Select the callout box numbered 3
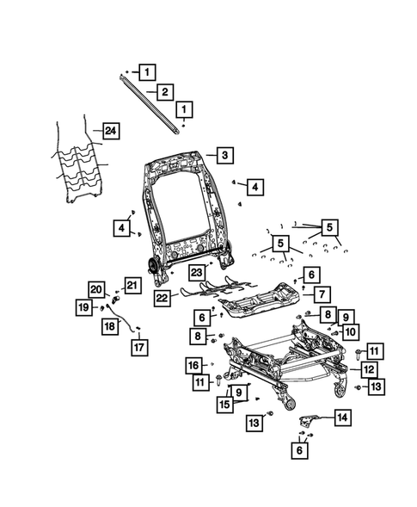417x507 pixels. click(223, 156)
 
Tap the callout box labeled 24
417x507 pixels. click(109, 131)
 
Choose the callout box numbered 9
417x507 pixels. click(346, 316)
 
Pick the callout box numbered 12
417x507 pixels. click(367, 369)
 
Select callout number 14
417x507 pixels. click(342, 417)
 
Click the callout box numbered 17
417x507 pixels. click(138, 347)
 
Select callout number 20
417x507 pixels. click(95, 288)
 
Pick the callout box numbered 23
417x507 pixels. click(197, 272)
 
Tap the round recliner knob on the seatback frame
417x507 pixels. click(153, 263)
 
